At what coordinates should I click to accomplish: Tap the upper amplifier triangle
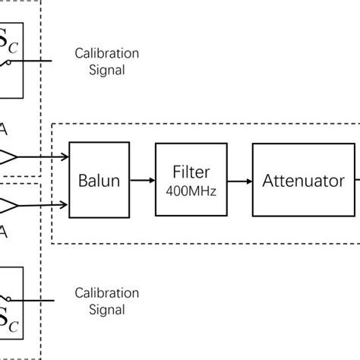click(8, 158)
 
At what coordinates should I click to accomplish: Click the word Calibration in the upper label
click(106, 55)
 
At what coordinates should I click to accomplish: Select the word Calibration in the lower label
click(106, 292)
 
